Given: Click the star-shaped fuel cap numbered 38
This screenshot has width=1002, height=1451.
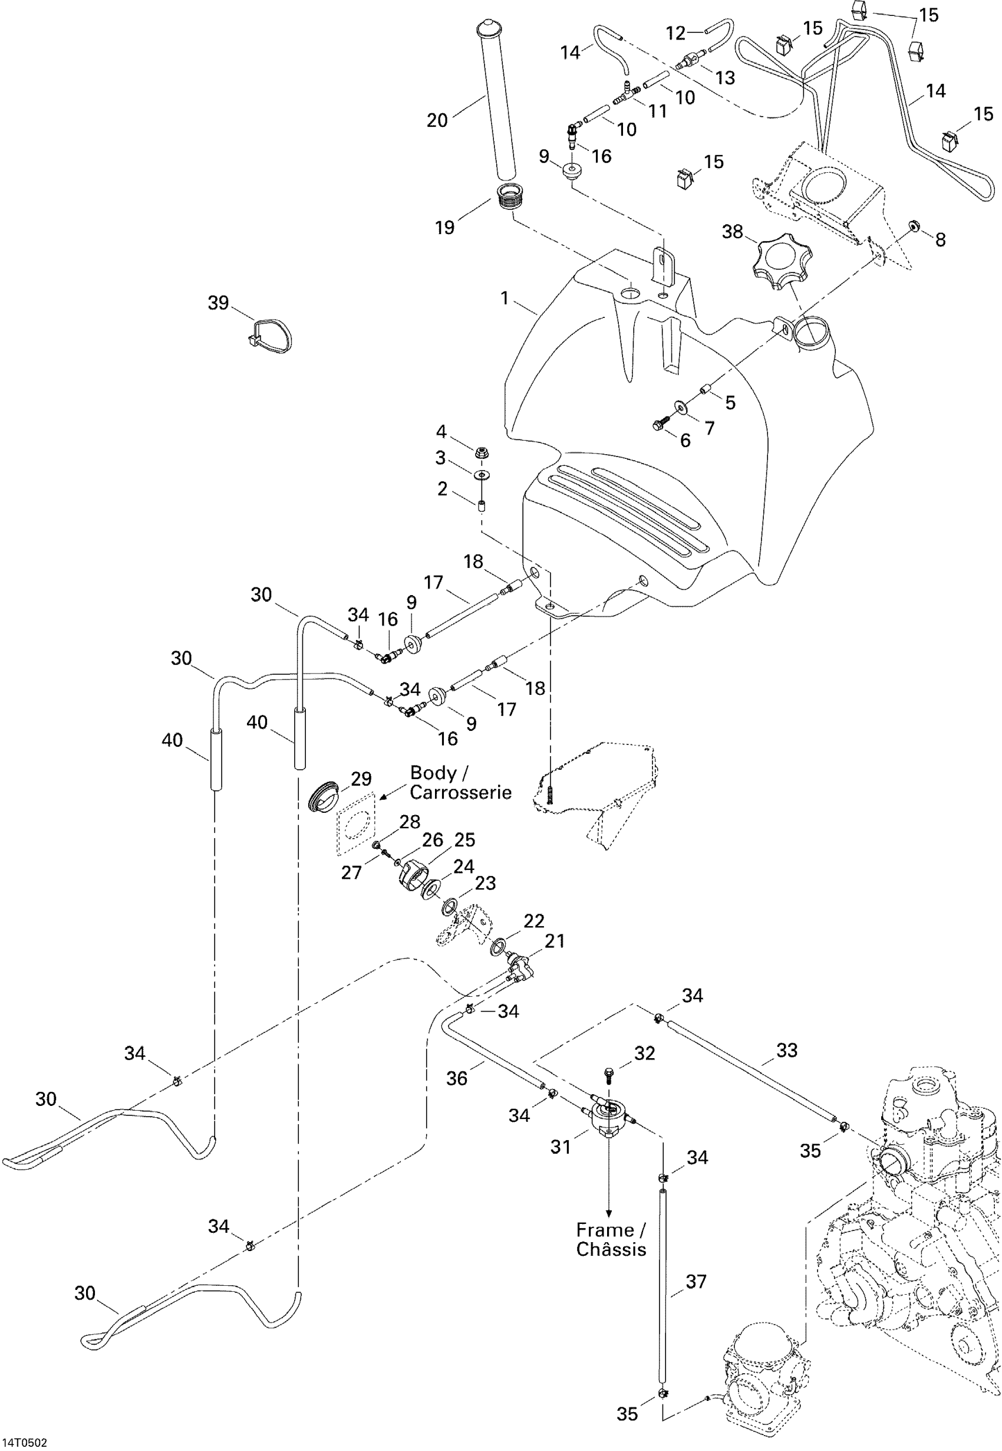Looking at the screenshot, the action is (x=779, y=261).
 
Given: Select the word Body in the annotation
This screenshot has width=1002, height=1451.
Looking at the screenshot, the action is (x=433, y=773).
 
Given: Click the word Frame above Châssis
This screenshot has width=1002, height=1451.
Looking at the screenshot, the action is (x=605, y=1229).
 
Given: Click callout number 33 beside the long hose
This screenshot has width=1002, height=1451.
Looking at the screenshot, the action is (x=787, y=1051).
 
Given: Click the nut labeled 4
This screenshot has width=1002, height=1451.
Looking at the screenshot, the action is (x=482, y=452).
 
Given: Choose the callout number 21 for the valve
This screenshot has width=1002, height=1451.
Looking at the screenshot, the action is (x=555, y=940).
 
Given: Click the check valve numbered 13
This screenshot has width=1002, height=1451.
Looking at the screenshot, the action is (x=688, y=61).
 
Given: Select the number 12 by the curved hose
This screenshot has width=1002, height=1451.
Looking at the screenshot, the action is (x=675, y=32).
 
